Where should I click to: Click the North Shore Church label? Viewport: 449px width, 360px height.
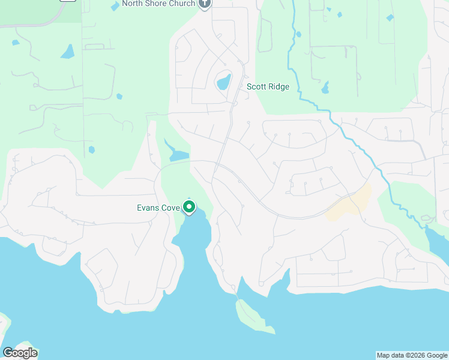pyautogui.click(x=158, y=4)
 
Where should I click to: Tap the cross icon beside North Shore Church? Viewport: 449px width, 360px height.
pyautogui.click(x=205, y=4)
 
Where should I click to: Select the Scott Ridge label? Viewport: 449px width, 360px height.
pyautogui.click(x=268, y=87)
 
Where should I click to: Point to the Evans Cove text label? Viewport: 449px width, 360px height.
pyautogui.click(x=157, y=208)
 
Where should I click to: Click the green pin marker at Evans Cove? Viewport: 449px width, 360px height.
pyautogui.click(x=189, y=208)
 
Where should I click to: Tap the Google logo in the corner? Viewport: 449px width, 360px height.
pyautogui.click(x=20, y=353)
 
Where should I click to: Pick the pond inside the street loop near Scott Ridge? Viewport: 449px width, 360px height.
pyautogui.click(x=223, y=81)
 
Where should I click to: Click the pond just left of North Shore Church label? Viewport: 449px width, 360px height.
pyautogui.click(x=115, y=6)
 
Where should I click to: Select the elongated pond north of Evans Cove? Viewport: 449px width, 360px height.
pyautogui.click(x=178, y=155)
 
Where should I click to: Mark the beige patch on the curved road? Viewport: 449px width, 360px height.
pyautogui.click(x=351, y=203)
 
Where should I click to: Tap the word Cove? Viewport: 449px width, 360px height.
pyautogui.click(x=170, y=208)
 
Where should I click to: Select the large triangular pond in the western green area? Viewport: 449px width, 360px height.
pyautogui.click(x=67, y=52)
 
